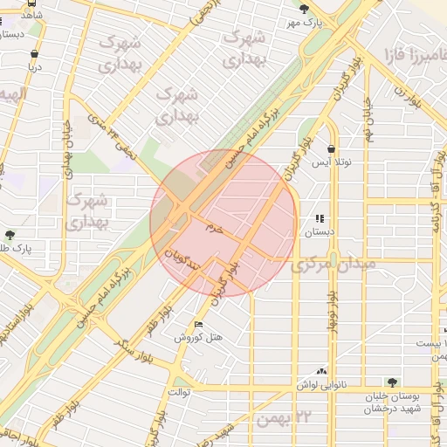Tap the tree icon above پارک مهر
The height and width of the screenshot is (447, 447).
click(x=304, y=8)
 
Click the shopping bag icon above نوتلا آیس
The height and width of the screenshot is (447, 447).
click(x=332, y=149)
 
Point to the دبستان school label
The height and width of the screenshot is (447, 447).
click(x=312, y=232)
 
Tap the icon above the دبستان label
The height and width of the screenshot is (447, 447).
click(x=320, y=219)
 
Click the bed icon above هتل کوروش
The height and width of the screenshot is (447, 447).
click(x=198, y=325)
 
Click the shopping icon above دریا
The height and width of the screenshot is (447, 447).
click(x=35, y=52)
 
